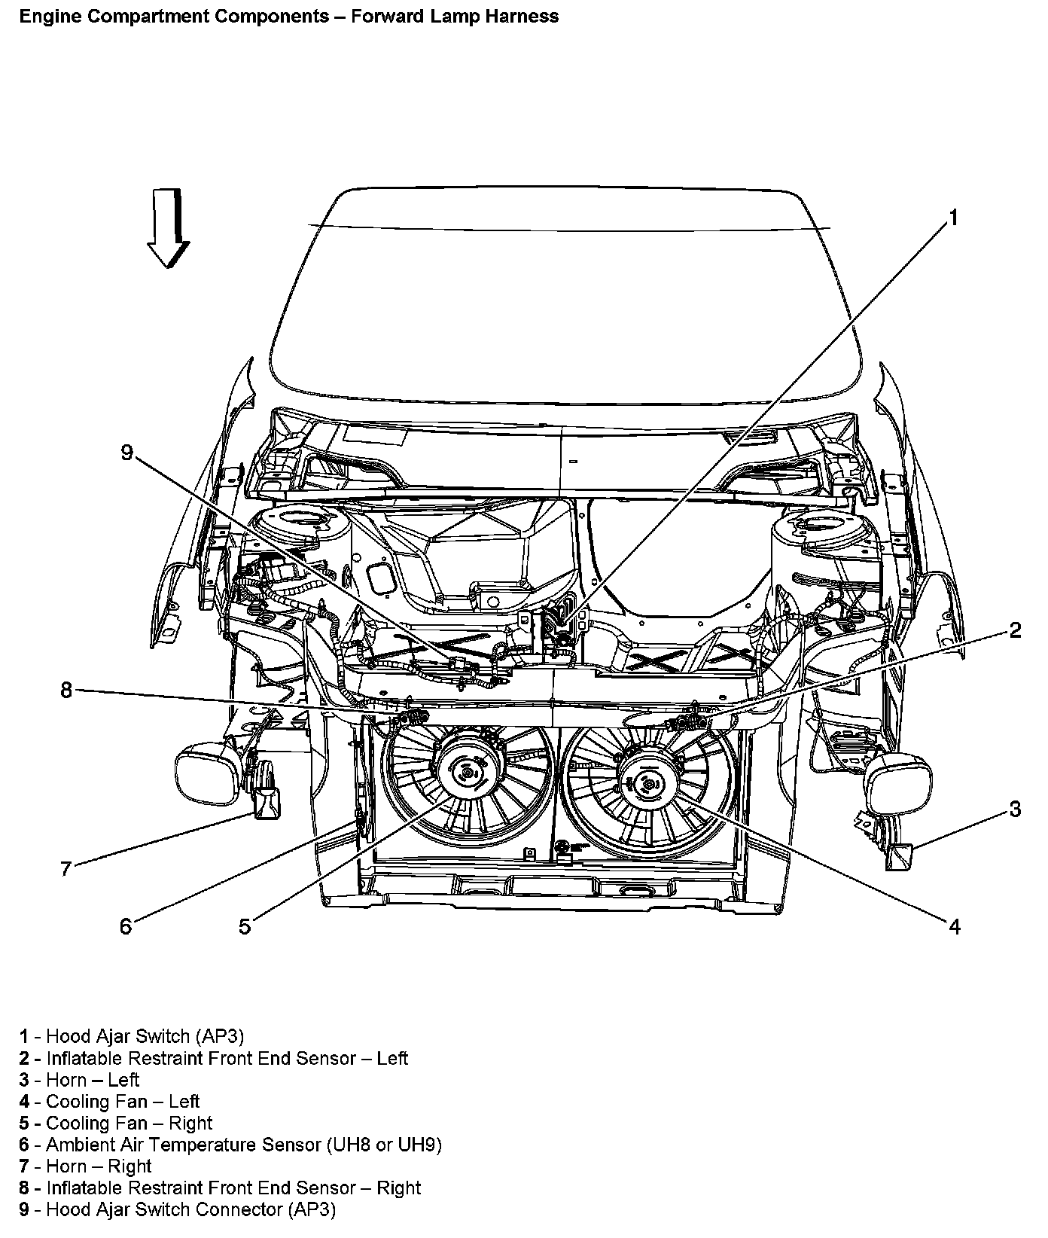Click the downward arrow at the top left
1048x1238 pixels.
(169, 229)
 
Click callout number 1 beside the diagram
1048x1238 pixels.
(952, 218)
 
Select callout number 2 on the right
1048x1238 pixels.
(1015, 631)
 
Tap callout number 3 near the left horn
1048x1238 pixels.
(1015, 810)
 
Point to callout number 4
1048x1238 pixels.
(954, 927)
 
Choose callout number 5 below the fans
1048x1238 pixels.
(245, 927)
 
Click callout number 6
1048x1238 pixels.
(126, 927)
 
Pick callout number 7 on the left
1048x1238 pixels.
(66, 869)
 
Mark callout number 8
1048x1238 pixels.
(66, 690)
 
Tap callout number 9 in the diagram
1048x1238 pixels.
(126, 453)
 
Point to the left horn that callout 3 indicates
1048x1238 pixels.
(900, 855)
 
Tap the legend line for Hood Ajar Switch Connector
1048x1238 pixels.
(178, 1209)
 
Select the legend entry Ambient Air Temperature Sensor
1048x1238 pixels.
(230, 1145)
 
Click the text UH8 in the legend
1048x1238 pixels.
(350, 1145)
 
